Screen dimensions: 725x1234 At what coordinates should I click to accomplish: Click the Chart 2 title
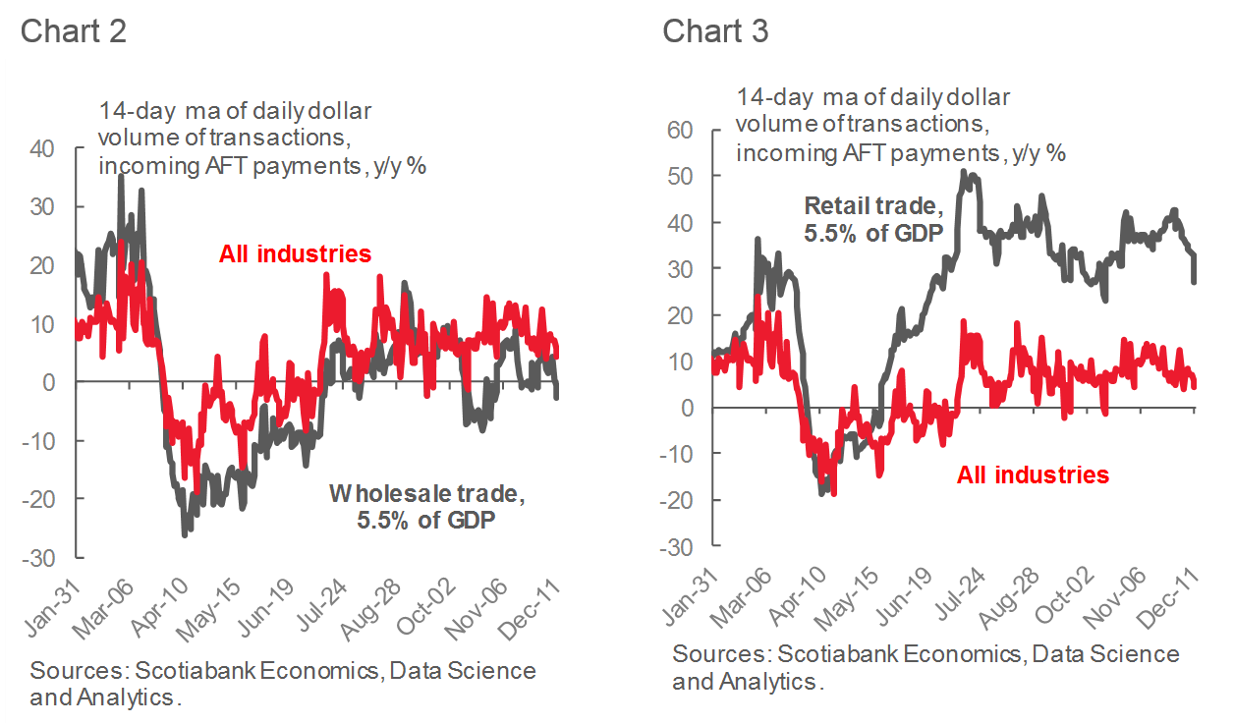(73, 30)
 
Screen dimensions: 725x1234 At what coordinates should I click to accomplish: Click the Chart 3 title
(715, 30)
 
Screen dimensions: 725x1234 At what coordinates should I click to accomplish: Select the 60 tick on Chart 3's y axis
(679, 130)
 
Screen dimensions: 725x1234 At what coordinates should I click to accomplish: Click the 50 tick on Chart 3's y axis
(679, 176)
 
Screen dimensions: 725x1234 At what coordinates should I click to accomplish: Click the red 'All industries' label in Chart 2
(295, 254)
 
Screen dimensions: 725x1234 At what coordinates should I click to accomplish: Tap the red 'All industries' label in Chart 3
(1033, 475)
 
